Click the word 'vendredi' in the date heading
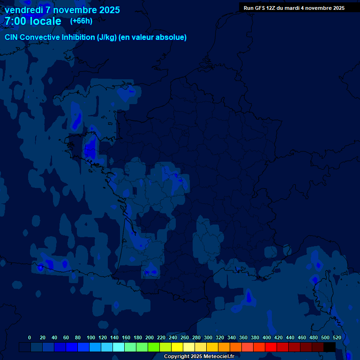point(23,10)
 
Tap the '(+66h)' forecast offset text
point(81,21)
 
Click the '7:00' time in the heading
point(16,21)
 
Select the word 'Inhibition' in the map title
point(78,37)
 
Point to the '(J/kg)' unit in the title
point(107,37)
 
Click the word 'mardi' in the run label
point(299,8)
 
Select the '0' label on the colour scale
point(30,337)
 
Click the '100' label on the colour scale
point(91,337)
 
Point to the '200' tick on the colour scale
point(150,337)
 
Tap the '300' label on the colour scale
point(208,337)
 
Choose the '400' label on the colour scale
point(267,337)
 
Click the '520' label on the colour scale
point(337,337)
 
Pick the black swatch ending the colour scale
point(330,347)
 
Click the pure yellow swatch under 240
point(177,347)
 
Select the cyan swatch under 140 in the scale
point(119,347)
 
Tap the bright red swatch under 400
point(271,347)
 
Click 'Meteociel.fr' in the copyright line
point(219,357)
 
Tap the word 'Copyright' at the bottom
point(177,357)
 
